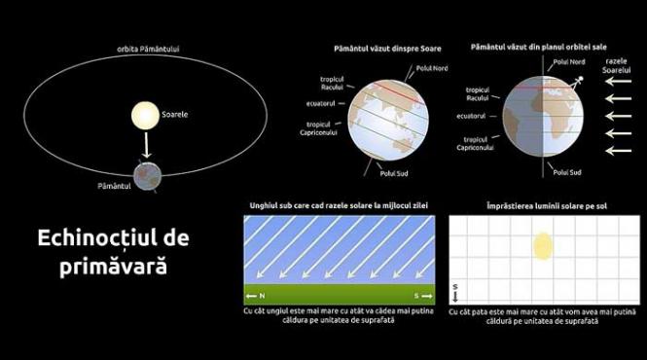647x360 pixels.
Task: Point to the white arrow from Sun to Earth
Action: point(147,146)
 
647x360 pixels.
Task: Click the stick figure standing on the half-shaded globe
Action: point(578,83)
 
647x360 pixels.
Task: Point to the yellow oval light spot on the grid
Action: point(542,246)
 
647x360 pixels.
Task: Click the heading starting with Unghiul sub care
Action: point(338,206)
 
